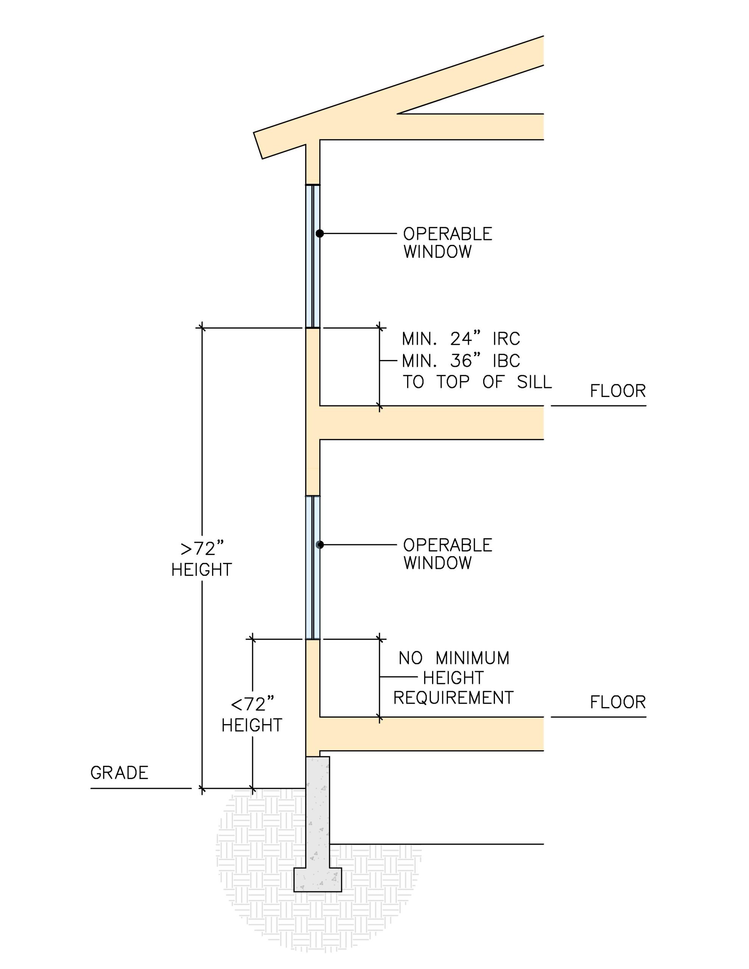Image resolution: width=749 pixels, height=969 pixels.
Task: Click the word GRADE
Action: click(x=119, y=773)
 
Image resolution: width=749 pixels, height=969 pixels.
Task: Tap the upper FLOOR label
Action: click(x=617, y=391)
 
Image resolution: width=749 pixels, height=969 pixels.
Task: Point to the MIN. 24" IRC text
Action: click(x=460, y=339)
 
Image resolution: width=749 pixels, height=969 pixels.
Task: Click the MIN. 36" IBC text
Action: click(x=460, y=361)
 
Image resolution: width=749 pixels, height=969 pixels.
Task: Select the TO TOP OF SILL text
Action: click(x=477, y=382)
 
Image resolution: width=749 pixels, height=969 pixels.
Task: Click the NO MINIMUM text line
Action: click(x=453, y=658)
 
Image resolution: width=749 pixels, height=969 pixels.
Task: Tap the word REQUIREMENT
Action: click(x=453, y=698)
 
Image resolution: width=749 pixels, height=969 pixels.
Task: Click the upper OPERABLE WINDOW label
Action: click(x=447, y=243)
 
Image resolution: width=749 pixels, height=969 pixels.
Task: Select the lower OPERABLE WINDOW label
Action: click(x=447, y=554)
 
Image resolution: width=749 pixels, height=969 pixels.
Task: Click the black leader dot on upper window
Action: click(x=319, y=234)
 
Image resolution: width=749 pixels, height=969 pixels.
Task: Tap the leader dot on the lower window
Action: click(x=319, y=545)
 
